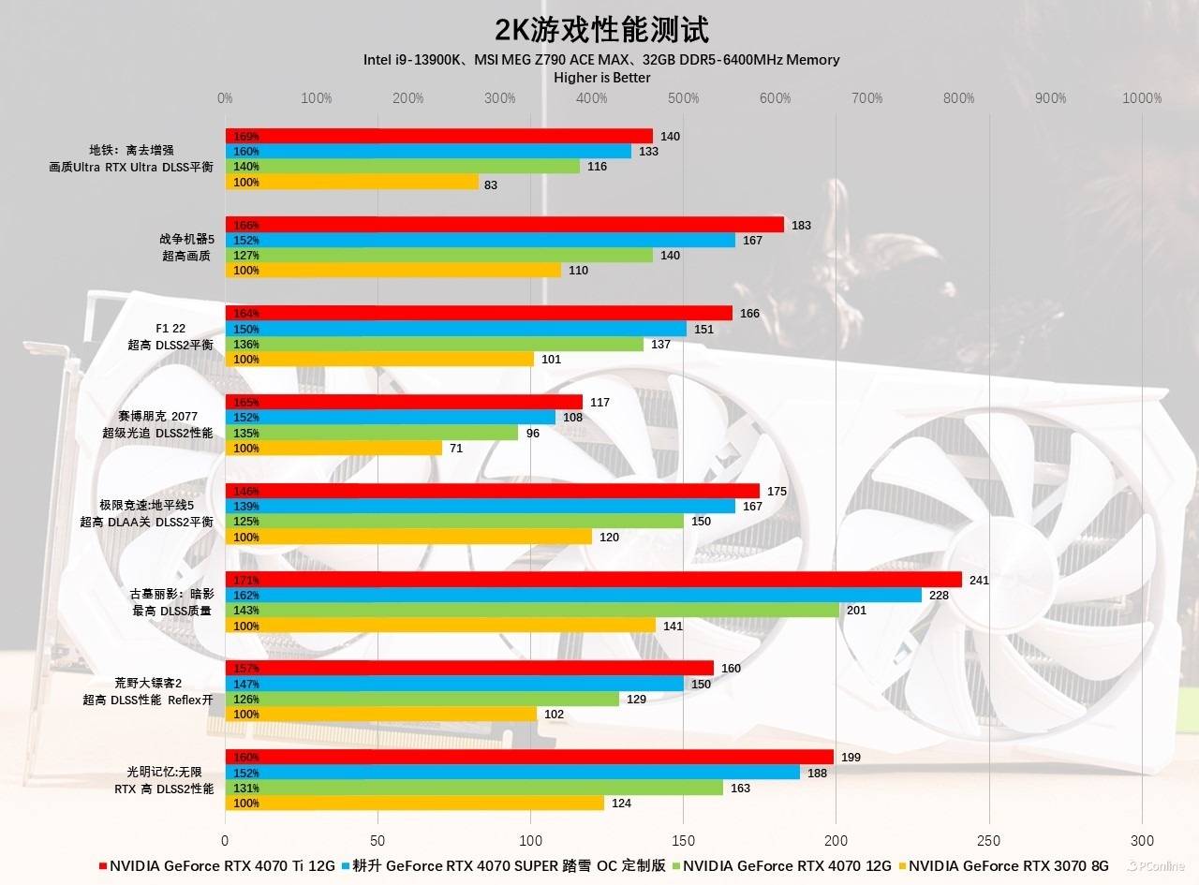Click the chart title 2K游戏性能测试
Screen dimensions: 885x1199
[x=601, y=29]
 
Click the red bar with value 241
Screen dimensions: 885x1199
[x=593, y=580]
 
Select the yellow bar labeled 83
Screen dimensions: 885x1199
[x=351, y=182]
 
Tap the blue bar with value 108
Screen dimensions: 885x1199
[x=390, y=417]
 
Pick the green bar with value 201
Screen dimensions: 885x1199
[x=532, y=611]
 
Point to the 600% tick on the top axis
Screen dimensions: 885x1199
[x=775, y=98]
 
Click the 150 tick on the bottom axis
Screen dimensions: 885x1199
[x=683, y=840]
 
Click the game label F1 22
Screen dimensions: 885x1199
[x=170, y=329]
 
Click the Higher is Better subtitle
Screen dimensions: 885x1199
[x=601, y=77]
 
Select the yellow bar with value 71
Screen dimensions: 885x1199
[x=333, y=448]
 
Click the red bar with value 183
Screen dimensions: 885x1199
[x=504, y=225]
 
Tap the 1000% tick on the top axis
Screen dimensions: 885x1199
[x=1142, y=98]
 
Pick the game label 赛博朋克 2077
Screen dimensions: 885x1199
[x=157, y=417]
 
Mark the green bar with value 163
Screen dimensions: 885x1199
[x=474, y=788]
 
